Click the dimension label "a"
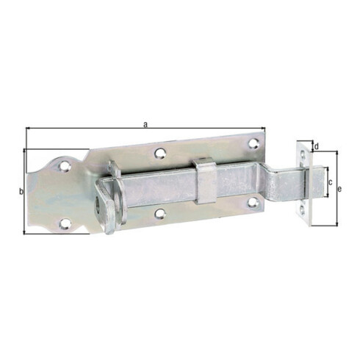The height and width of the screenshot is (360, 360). (x=145, y=125)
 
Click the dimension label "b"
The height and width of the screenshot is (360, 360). (x=21, y=192)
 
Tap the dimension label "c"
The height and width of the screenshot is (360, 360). (x=331, y=182)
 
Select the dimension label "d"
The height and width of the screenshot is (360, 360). (x=317, y=146)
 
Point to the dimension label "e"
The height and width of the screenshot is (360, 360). (x=339, y=189)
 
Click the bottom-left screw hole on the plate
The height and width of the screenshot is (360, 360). (x=65, y=223)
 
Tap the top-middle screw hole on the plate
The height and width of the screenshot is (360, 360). (x=160, y=154)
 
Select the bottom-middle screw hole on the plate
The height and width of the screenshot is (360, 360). (x=160, y=213)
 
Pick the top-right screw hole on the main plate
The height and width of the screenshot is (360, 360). (x=253, y=143)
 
